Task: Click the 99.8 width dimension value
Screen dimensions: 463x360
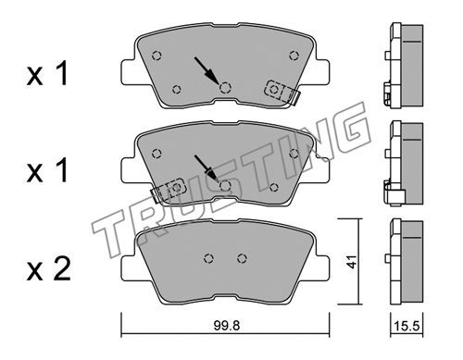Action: pos(227,326)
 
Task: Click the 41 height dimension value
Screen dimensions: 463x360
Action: pos(352,262)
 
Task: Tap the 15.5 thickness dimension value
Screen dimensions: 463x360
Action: pos(407,326)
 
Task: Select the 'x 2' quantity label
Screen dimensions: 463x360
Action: pos(48,269)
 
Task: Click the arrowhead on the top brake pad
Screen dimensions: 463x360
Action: pos(213,77)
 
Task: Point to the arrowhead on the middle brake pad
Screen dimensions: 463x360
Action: pos(213,175)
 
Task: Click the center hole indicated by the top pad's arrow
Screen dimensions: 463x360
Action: pos(226,88)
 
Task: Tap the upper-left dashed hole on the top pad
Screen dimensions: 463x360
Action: pos(157,56)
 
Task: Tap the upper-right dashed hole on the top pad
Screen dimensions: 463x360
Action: pos(294,56)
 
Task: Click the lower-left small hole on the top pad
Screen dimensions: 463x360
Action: pos(177,90)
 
